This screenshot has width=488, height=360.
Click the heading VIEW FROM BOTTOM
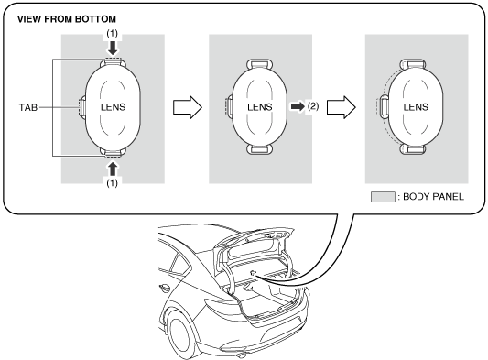pyautogui.click(x=67, y=19)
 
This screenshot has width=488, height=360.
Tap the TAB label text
pyautogui.click(x=28, y=107)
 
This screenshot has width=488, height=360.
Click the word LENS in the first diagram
pyautogui.click(x=113, y=107)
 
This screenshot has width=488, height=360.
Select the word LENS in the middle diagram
pyautogui.click(x=260, y=107)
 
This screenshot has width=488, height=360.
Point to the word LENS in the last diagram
pyautogui.click(x=416, y=107)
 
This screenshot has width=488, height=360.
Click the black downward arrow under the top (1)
pyautogui.click(x=113, y=48)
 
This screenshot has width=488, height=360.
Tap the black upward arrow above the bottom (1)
pyautogui.click(x=113, y=169)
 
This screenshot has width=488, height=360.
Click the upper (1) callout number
pyautogui.click(x=113, y=34)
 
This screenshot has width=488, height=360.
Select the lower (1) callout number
pyautogui.click(x=113, y=183)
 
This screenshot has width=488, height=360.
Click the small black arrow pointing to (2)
pyautogui.click(x=298, y=106)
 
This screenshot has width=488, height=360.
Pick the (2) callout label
pyautogui.click(x=313, y=106)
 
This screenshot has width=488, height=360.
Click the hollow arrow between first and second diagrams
pyautogui.click(x=188, y=107)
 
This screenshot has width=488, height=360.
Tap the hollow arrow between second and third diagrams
pyautogui.click(x=342, y=107)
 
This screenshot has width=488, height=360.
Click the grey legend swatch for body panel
pyautogui.click(x=383, y=197)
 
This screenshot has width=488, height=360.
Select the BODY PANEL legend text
pyautogui.click(x=433, y=197)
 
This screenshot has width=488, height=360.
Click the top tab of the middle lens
pyautogui.click(x=260, y=64)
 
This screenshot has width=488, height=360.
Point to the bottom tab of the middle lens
pyautogui.click(x=260, y=149)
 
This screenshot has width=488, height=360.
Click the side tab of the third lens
pyautogui.click(x=383, y=106)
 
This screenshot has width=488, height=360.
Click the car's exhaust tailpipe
pyautogui.click(x=240, y=355)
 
